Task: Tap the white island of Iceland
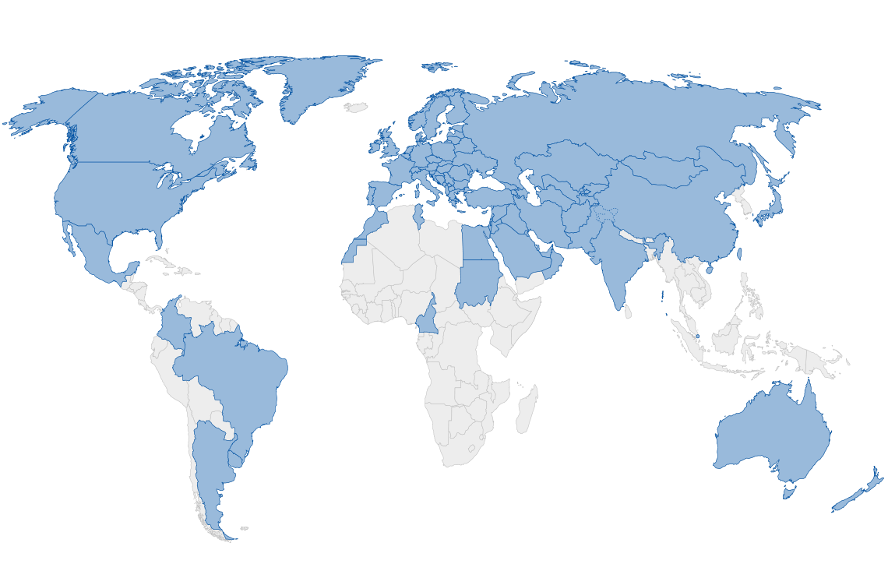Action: pyautogui.click(x=357, y=107)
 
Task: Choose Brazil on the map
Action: pyautogui.click(x=241, y=382)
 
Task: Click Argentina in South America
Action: pyautogui.click(x=214, y=467)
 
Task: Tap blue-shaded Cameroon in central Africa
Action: pyautogui.click(x=427, y=317)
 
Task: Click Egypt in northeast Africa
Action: pyautogui.click(x=476, y=243)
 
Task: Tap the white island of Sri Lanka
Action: pyautogui.click(x=628, y=312)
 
